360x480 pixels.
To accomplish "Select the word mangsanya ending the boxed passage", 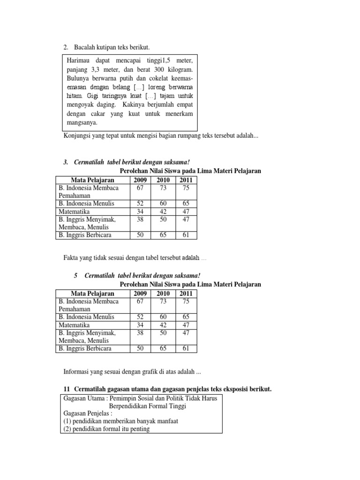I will [x=82, y=123].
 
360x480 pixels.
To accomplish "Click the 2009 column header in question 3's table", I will [x=140, y=180].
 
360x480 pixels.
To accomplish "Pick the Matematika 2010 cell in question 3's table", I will [x=164, y=211].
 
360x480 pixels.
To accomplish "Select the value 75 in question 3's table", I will [x=186, y=188].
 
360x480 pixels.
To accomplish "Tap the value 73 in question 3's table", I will [x=163, y=188].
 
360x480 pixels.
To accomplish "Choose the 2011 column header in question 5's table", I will [x=186, y=293].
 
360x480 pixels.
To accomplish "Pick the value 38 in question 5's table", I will [x=140, y=333].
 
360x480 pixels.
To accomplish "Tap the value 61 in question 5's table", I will [x=186, y=349].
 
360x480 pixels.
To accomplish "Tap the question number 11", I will [x=67, y=390].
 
